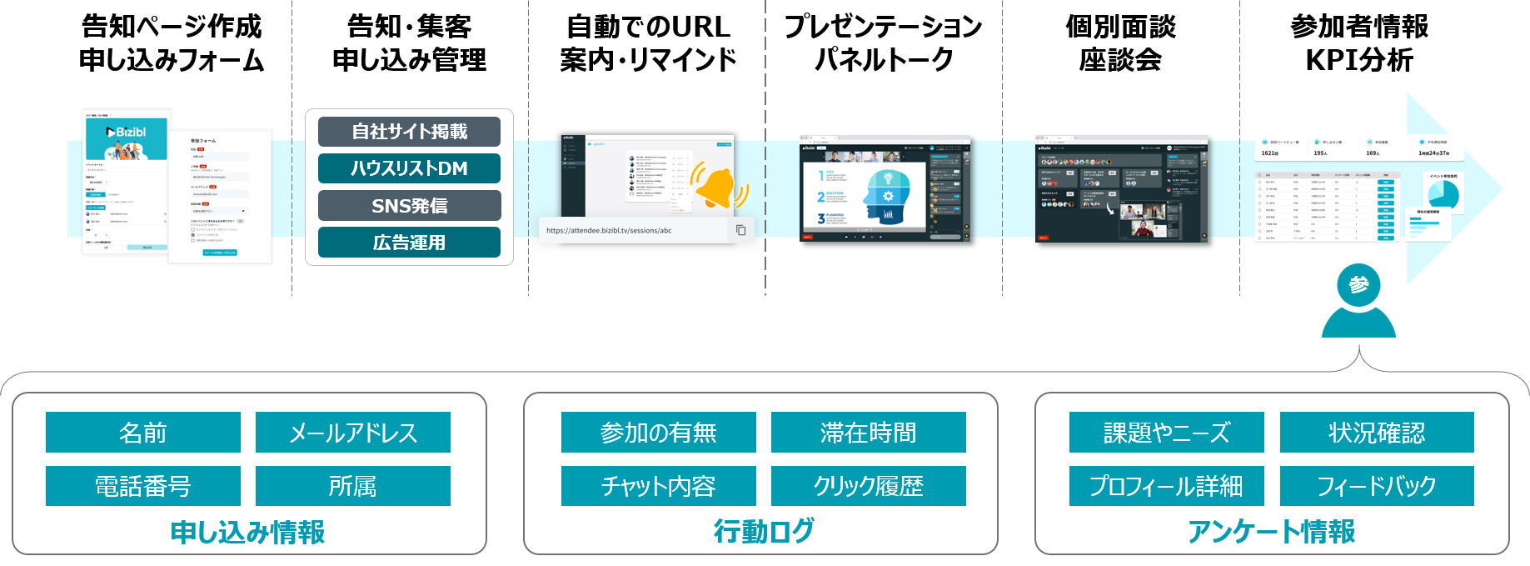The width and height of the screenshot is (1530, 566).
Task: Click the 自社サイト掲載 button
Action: [x=409, y=132]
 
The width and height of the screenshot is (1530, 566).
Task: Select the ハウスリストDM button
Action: [x=409, y=168]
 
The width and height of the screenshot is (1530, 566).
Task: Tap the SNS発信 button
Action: [x=409, y=206]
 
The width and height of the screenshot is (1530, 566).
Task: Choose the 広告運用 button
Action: [x=409, y=243]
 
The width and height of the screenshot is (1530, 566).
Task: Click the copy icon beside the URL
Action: [x=740, y=230]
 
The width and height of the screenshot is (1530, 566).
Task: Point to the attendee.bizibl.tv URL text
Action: [x=609, y=231]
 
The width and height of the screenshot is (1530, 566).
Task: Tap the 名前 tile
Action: [x=143, y=433]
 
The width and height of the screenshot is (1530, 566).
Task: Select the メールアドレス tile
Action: [x=353, y=433]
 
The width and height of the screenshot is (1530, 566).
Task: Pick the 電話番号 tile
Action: [x=143, y=486]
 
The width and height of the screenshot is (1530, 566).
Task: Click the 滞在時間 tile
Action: [x=868, y=433]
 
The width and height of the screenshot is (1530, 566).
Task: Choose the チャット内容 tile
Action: [x=658, y=486]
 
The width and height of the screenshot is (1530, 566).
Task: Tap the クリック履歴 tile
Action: [x=868, y=486]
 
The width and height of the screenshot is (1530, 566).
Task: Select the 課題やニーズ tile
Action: [x=1166, y=433]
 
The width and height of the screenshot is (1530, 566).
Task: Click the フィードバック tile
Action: [x=1377, y=486]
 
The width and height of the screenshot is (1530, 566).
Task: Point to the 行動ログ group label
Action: [x=763, y=531]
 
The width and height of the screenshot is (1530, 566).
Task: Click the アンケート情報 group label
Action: [x=1271, y=531]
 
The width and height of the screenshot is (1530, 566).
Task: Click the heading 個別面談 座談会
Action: [x=1120, y=43]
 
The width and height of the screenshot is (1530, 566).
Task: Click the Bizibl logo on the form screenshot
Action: [x=127, y=133]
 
